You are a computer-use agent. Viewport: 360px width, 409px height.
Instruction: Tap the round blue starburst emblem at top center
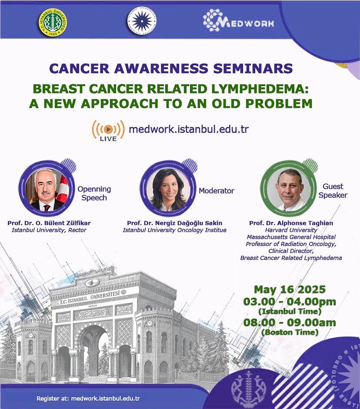tap(142, 21)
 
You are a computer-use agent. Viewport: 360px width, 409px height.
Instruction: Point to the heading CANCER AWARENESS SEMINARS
tap(171, 68)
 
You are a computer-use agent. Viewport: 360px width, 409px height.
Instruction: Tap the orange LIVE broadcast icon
tap(108, 130)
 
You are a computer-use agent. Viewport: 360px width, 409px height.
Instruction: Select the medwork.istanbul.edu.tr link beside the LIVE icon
tap(188, 129)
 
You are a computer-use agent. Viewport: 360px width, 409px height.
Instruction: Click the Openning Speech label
tap(94, 193)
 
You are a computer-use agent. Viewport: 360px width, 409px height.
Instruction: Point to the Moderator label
tap(216, 191)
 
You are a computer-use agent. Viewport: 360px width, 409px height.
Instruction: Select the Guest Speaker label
tap(333, 191)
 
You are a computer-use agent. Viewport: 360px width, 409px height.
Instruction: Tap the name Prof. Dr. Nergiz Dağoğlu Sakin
tap(175, 223)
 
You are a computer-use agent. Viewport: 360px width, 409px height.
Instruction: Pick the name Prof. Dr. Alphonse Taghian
tap(291, 223)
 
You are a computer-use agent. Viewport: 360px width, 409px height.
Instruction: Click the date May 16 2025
tap(290, 289)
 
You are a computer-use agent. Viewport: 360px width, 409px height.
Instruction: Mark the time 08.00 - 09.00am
tap(290, 323)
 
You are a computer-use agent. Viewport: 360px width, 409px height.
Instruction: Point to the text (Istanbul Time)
tap(290, 311)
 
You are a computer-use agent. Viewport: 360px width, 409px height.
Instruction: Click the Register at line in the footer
tap(88, 398)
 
